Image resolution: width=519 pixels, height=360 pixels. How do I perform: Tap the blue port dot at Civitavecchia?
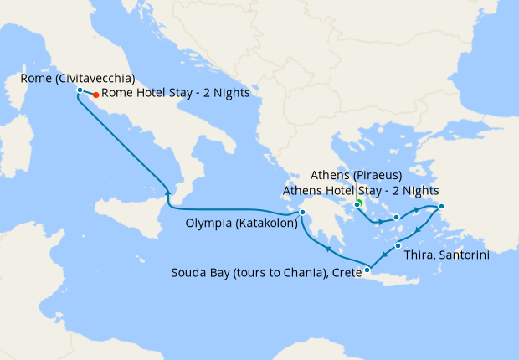pos(79,90)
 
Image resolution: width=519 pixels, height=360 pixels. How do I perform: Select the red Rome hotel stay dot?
pos(96,95)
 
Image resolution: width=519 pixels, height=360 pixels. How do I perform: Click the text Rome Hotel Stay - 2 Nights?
pos(176,94)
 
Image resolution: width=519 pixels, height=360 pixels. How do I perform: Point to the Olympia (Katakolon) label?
pos(240,223)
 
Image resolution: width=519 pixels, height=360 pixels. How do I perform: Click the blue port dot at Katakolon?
pos(302,223)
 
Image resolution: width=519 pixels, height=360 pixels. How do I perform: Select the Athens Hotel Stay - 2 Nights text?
pos(361,190)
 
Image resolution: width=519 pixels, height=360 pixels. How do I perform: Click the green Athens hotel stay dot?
pos(358,203)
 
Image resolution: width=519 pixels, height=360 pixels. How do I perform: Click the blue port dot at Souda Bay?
pos(367,270)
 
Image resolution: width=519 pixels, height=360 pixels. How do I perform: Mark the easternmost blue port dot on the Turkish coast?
pos(441,207)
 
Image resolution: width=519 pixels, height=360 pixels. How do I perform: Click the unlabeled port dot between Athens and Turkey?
pos(396,220)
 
